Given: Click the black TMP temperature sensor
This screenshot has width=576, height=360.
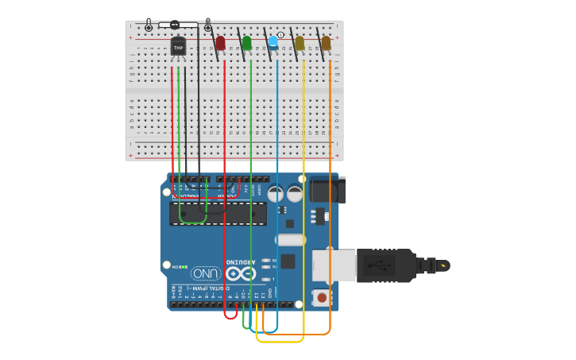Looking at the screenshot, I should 178,48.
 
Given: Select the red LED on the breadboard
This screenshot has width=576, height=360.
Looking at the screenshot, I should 220,43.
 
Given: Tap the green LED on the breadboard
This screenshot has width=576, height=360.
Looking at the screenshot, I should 247,43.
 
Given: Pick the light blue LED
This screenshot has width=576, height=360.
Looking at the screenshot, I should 273,42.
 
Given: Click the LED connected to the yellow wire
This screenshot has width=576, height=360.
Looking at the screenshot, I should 300,43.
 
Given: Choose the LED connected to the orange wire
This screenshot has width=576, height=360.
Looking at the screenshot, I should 326,43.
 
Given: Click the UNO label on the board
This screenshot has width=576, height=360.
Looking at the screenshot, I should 205,273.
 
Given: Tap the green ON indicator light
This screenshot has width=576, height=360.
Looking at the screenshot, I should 184,267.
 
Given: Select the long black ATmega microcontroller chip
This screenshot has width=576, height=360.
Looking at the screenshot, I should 218,213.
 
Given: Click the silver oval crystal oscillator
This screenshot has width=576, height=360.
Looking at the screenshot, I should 291,240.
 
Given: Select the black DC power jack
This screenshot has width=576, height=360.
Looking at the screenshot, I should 326,191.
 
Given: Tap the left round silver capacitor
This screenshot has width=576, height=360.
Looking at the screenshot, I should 276,193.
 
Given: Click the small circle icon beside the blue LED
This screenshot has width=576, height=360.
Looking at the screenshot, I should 280,35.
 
